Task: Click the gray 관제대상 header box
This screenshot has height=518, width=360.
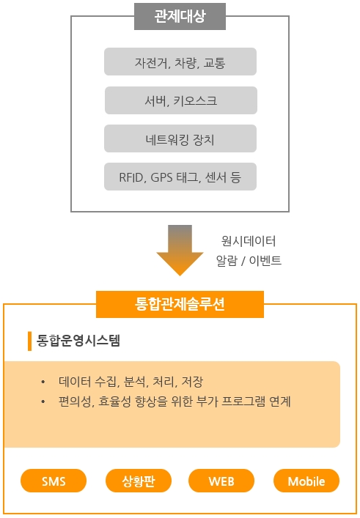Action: tap(180, 17)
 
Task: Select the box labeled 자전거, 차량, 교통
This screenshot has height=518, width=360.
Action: tap(180, 62)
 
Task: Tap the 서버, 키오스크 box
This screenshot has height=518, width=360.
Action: tap(181, 100)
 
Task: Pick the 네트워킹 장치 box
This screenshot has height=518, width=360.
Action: tap(180, 138)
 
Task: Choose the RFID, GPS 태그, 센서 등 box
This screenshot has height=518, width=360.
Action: tap(180, 177)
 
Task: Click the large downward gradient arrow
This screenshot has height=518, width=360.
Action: tap(180, 250)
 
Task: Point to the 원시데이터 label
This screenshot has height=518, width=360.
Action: tap(249, 241)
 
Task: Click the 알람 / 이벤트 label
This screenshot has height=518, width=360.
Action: tap(249, 261)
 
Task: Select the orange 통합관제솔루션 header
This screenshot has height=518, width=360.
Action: tap(180, 304)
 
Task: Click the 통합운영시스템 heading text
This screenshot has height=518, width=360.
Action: tap(78, 341)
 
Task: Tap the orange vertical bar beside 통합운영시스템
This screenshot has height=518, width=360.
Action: tap(30, 341)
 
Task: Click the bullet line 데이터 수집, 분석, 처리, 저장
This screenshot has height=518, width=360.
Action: tap(131, 382)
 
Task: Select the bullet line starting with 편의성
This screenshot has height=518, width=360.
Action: tap(175, 402)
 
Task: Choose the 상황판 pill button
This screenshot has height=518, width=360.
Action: tap(139, 481)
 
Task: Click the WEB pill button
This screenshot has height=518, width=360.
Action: tap(221, 481)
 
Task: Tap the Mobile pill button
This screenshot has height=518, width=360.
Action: tap(306, 481)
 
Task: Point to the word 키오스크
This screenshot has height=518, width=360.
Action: tap(195, 101)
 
